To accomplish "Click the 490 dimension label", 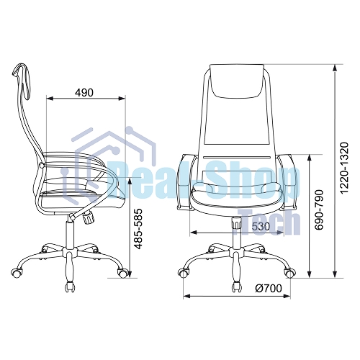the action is coord(84,92).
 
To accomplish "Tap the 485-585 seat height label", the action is coord(138,229).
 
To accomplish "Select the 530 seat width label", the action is coord(261,226).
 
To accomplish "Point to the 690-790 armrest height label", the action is coord(319,210).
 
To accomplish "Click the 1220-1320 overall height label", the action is coord(343,168).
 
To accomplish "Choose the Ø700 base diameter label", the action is coord(269,289).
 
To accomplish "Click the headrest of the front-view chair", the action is coord(237,81).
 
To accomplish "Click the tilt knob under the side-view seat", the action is coord(89,217).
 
